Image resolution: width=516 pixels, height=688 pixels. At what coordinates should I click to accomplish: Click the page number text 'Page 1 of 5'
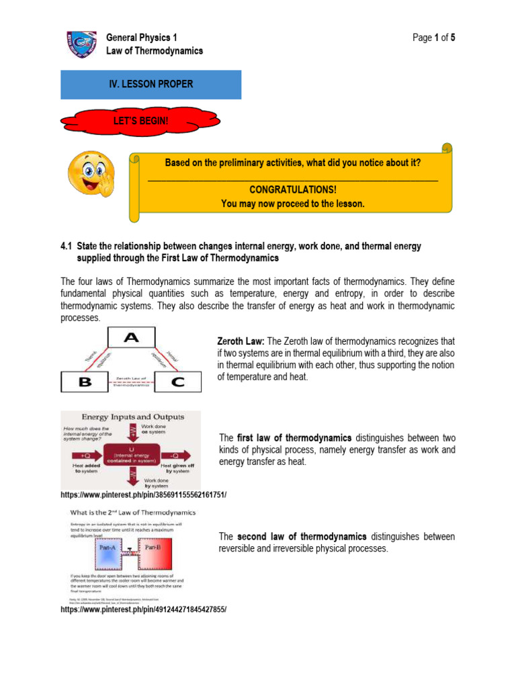coord(434,38)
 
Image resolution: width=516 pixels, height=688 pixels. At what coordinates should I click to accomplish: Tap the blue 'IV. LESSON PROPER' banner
coord(150,84)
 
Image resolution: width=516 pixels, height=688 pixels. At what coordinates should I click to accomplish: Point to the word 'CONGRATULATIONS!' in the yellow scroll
coord(292,190)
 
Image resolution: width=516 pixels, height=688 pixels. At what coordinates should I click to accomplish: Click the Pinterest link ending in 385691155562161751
coord(143,495)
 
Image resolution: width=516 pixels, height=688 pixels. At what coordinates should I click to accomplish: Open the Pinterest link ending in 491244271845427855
coord(143,609)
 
